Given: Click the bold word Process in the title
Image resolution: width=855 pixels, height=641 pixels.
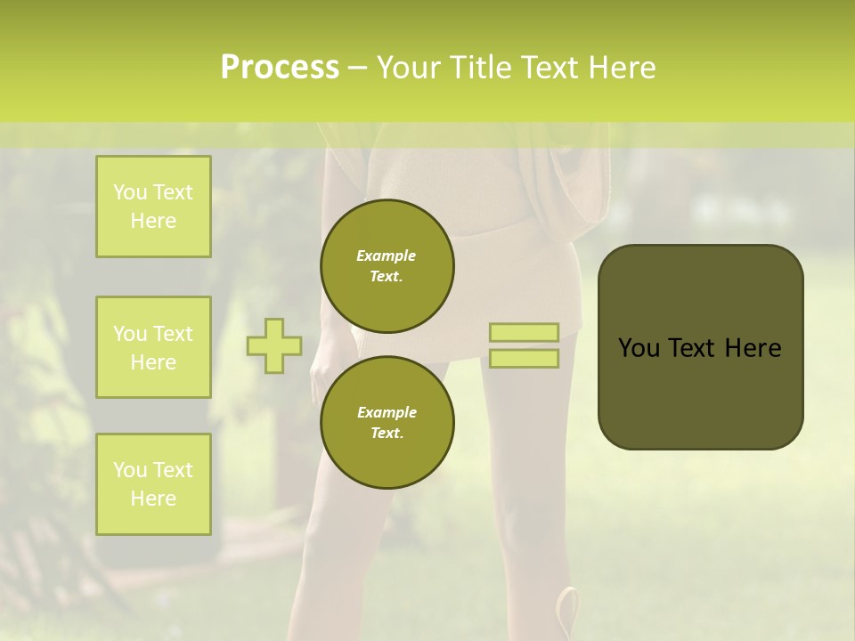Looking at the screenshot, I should coord(280,68).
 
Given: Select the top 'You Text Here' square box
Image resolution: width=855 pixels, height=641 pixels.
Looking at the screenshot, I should coord(153,207).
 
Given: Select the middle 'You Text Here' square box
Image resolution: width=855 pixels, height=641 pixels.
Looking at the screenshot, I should coord(153,347).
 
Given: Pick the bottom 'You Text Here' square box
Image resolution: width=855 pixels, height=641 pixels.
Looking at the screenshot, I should coord(153,484).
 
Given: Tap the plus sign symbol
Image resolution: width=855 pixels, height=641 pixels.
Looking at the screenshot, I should coord(274,345).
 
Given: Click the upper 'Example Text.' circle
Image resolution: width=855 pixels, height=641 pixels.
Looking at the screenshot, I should coord(387,266).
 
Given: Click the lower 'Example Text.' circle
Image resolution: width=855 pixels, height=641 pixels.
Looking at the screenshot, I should coord(387,423).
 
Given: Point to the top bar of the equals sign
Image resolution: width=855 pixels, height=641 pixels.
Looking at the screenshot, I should coord(524,332).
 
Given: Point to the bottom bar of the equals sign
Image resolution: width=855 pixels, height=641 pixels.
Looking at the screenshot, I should coord(524,359).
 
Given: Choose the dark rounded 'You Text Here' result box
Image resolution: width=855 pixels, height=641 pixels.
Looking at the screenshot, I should coord(700,346).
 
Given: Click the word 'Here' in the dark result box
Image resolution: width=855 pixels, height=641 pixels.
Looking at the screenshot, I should coord(753,348).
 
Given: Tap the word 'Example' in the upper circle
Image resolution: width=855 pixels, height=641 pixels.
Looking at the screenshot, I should coord(387,256).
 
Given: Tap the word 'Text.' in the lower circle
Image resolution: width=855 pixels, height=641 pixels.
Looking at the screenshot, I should coord(387,434).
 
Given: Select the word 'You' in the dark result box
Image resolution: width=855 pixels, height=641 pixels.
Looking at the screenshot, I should coord(639,348).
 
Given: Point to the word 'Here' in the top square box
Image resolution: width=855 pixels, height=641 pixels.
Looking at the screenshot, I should coord(153,221).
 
